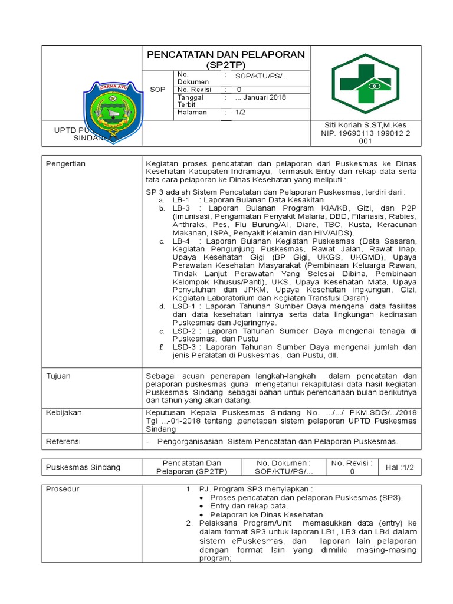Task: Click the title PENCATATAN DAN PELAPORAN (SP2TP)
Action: pyautogui.click(x=225, y=59)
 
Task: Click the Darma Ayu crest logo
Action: pyautogui.click(x=113, y=108)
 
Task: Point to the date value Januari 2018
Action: pyautogui.click(x=260, y=97)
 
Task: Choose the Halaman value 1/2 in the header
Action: pyautogui.click(x=241, y=112)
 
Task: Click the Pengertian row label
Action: pyautogui.click(x=66, y=163)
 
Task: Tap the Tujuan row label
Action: pyautogui.click(x=58, y=376)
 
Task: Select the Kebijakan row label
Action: pyautogui.click(x=64, y=413)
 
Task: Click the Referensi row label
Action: pyautogui.click(x=64, y=441)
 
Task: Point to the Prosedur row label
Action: pyautogui.click(x=63, y=489)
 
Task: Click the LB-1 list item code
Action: pyautogui.click(x=181, y=201)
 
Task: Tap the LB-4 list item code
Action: pyautogui.click(x=181, y=241)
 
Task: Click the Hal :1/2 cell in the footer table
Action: pyautogui.click(x=400, y=467)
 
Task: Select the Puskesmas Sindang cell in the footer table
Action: pyautogui.click(x=83, y=467)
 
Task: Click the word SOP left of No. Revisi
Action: pyautogui.click(x=157, y=90)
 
